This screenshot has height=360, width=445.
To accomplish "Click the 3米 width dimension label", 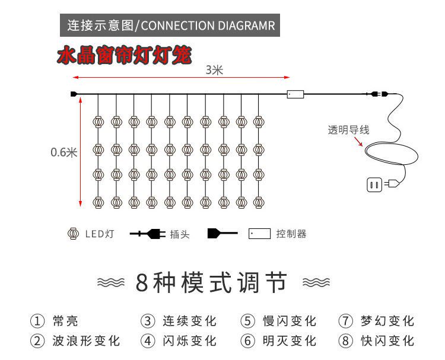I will pos(214,70).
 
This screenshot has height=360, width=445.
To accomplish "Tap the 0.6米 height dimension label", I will pos(63,152).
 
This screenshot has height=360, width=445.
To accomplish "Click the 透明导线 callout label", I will pos(348,130).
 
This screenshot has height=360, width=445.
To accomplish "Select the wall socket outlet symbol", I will pos(374,185).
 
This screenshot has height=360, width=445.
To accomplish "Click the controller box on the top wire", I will pos(295,94).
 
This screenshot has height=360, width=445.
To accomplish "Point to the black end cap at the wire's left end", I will pos(74,94).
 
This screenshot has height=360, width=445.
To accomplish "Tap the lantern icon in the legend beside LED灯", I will pos(72,234).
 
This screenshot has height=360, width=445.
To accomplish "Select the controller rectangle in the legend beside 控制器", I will pos(259,234).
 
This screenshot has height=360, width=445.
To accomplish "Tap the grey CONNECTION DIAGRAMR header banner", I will pos(170,26).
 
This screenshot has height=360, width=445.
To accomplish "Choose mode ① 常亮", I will pos(54,321).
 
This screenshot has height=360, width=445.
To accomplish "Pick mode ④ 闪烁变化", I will pos(179,341).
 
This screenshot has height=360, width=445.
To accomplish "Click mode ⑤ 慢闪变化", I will pos(278,321).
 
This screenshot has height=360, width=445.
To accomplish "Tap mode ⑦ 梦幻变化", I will pos(376,321).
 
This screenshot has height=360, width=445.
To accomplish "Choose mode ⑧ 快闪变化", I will pos(376,341).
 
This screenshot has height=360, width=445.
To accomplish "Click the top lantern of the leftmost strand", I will pos(98,122).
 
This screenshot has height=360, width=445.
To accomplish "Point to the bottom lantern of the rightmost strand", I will pos(258,202).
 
